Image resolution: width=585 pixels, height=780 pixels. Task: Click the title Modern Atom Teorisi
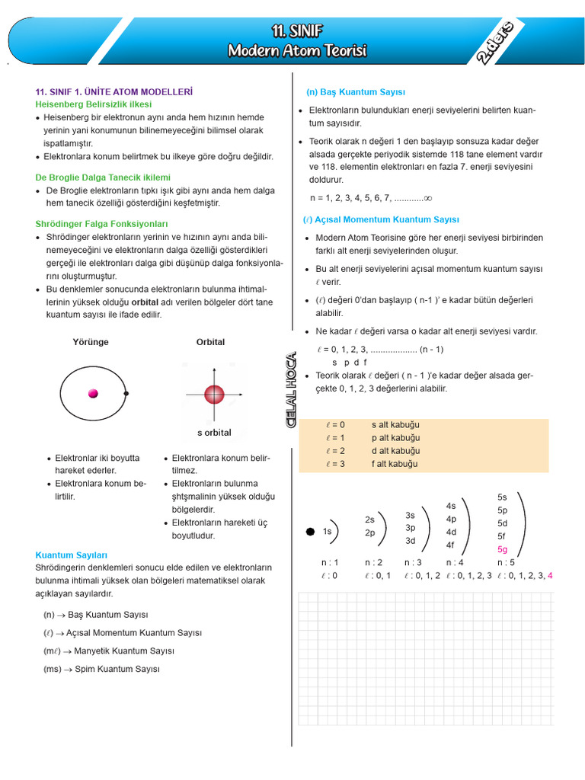pyautogui.click(x=297, y=50)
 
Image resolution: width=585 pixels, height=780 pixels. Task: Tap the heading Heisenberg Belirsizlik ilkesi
pyautogui.click(x=94, y=104)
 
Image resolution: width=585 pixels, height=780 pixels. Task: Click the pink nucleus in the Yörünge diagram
pyautogui.click(x=94, y=393)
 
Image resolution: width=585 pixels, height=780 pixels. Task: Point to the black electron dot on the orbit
pyautogui.click(x=126, y=393)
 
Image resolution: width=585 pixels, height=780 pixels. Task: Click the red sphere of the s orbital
pyautogui.click(x=214, y=394)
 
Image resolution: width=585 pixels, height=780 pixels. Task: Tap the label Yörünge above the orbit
pyautogui.click(x=91, y=342)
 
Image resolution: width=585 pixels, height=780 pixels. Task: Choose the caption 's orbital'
pyautogui.click(x=214, y=433)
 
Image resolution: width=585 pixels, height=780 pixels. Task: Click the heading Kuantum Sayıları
pyautogui.click(x=72, y=555)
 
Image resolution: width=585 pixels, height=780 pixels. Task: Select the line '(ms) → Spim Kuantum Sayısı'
pyautogui.click(x=101, y=669)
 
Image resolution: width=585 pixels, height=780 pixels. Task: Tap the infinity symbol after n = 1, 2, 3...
pyautogui.click(x=427, y=198)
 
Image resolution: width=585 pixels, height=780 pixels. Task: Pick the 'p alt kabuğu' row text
pyautogui.click(x=395, y=438)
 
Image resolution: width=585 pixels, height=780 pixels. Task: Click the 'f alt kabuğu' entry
pyautogui.click(x=395, y=464)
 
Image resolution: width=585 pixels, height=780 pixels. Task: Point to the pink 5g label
pyautogui.click(x=502, y=549)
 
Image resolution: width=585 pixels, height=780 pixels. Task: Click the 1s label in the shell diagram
pyautogui.click(x=327, y=531)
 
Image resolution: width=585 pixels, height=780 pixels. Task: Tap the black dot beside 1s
pyautogui.click(x=310, y=531)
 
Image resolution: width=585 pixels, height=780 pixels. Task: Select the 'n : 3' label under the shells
pyautogui.click(x=413, y=562)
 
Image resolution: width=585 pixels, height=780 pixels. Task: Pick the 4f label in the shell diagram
pyautogui.click(x=450, y=545)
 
